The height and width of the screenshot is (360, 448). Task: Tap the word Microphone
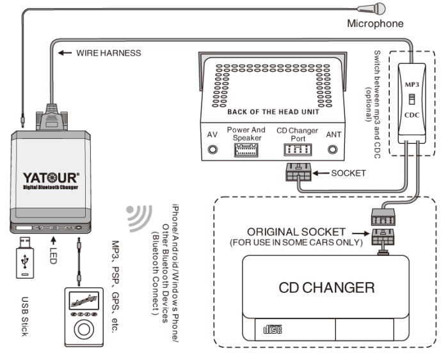point(375,24)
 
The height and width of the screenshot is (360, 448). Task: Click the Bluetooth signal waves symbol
point(136,217)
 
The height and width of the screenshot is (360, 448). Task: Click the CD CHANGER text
point(326,287)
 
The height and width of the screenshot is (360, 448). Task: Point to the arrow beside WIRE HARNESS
point(64,52)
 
